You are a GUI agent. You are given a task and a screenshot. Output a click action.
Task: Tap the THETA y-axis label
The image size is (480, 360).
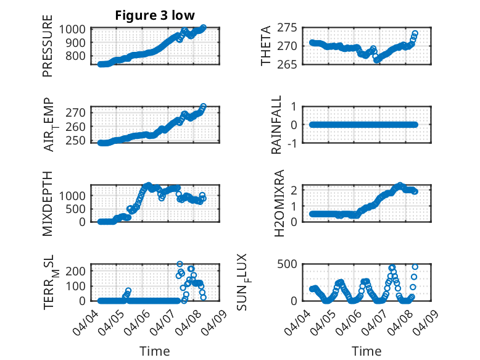coord(266,46)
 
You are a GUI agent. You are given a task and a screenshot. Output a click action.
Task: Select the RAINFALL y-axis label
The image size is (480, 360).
coord(277,125)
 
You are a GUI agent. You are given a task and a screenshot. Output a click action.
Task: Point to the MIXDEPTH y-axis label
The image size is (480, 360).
coord(48,203)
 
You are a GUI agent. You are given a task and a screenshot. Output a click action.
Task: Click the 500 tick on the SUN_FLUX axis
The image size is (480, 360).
coord(292,264)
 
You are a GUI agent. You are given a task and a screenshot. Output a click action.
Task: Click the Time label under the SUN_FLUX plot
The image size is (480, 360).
coord(366,351)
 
